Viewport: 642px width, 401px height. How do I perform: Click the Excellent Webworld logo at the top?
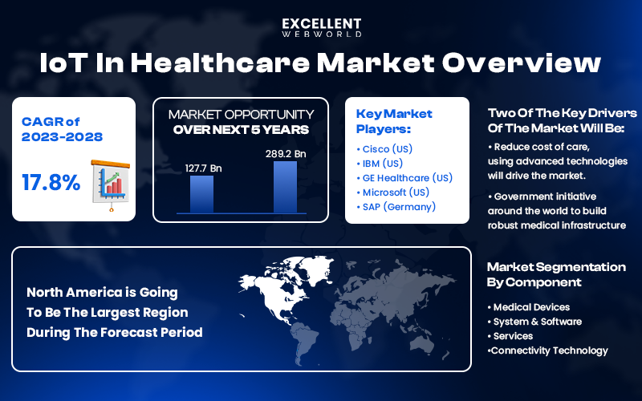pyautogui.click(x=321, y=28)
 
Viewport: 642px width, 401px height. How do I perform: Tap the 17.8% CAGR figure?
pyautogui.click(x=52, y=182)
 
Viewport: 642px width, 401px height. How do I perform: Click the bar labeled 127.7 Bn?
pyautogui.click(x=201, y=194)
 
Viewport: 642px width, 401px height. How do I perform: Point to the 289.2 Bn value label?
pyautogui.click(x=285, y=152)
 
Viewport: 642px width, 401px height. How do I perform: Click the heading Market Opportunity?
pyautogui.click(x=241, y=114)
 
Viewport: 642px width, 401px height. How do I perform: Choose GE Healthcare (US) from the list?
pyautogui.click(x=399, y=177)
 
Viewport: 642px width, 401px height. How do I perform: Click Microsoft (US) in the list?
pyautogui.click(x=391, y=192)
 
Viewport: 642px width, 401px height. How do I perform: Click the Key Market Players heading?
pyautogui.click(x=394, y=120)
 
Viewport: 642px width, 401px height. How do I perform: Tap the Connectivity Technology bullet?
pyautogui.click(x=549, y=350)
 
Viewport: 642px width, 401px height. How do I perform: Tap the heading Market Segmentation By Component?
pyautogui.click(x=556, y=274)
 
